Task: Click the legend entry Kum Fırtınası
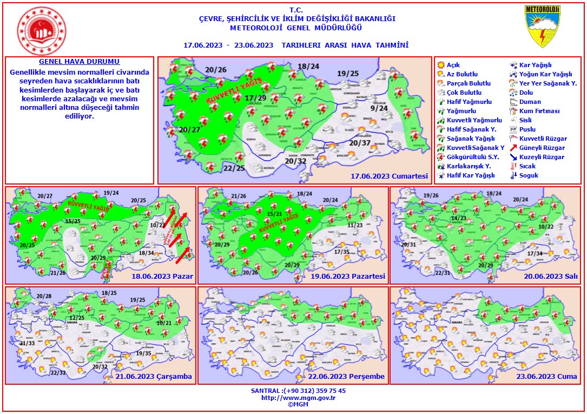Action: pyautogui.click(x=538, y=111)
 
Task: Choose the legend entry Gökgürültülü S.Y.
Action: pyautogui.click(x=468, y=157)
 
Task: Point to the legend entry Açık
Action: pyautogui.click(x=453, y=65)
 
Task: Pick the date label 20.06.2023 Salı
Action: pyautogui.click(x=546, y=277)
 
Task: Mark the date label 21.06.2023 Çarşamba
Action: pyautogui.click(x=154, y=377)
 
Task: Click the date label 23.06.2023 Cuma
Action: pyautogui.click(x=546, y=377)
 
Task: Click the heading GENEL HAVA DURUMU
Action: pyautogui.click(x=80, y=62)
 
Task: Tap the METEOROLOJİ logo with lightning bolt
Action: pyautogui.click(x=542, y=27)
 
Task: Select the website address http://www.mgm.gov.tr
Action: pyautogui.click(x=298, y=397)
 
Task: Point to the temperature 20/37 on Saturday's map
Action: pyautogui.click(x=360, y=143)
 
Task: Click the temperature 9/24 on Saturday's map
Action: pyautogui.click(x=379, y=108)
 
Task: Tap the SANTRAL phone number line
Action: pyautogui.click(x=298, y=390)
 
